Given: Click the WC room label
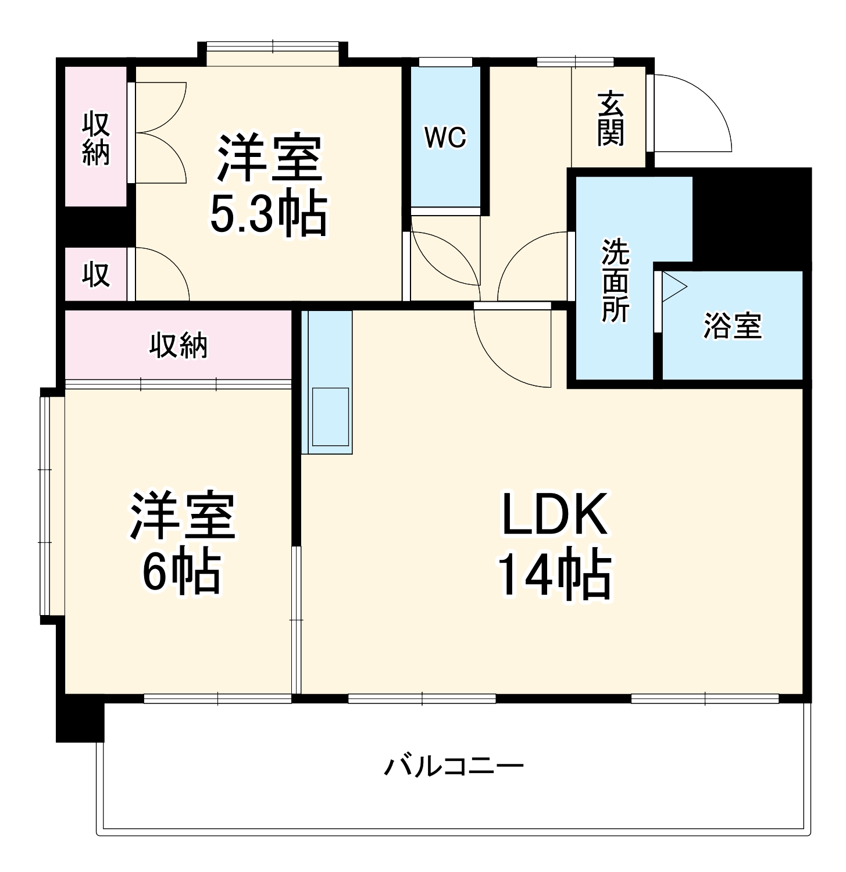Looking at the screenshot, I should click(x=445, y=138).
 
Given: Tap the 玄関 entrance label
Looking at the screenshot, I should click(x=610, y=119).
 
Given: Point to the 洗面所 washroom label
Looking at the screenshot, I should click(x=615, y=280).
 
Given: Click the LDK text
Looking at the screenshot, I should click(x=555, y=514).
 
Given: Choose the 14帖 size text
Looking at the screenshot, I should click(x=555, y=576).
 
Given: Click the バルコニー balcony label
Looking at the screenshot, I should click(x=454, y=766).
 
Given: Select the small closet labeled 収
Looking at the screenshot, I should click(x=96, y=274).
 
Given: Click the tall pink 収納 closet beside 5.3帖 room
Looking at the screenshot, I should click(x=96, y=138).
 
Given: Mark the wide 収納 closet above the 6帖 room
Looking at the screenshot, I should click(x=179, y=345).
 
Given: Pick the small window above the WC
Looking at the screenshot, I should click(x=445, y=62).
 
